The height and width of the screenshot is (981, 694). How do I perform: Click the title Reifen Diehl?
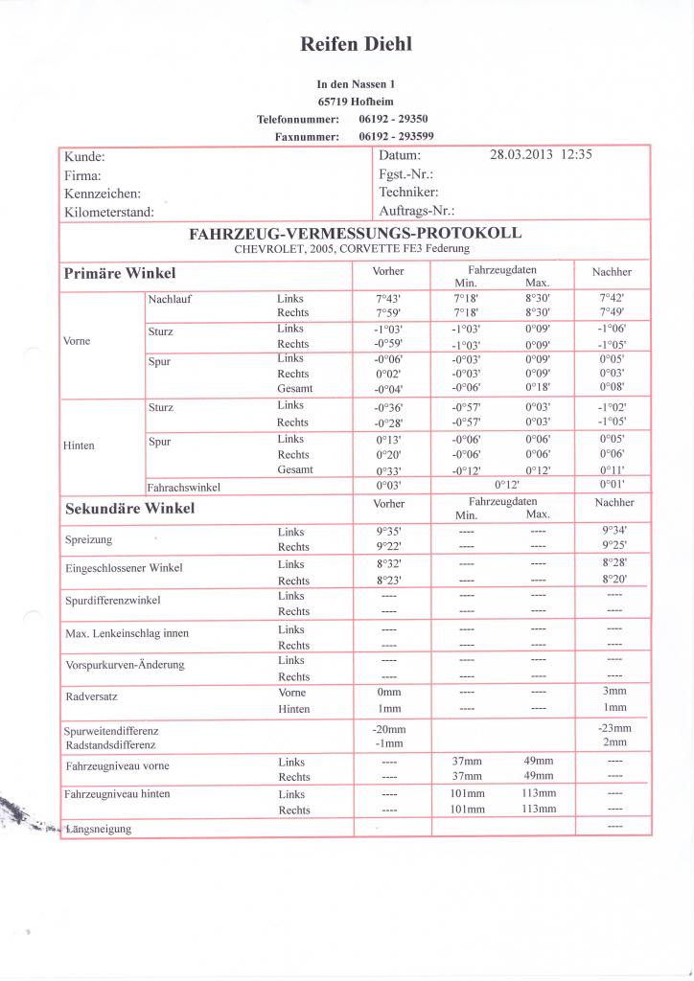coord(356,44)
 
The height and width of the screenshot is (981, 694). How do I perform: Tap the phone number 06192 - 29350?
coord(393,119)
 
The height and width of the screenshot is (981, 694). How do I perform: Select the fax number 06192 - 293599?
coord(396,137)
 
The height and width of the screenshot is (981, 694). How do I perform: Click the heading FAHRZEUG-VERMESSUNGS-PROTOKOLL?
coord(356,233)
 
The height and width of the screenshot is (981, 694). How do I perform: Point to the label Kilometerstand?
coord(108,212)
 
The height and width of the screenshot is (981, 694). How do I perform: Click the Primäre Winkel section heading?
coord(119,273)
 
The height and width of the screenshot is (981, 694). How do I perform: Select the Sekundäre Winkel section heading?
coord(128,508)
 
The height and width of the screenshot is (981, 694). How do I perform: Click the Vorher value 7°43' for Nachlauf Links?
coord(387,299)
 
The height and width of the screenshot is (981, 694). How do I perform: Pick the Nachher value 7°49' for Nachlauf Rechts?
coord(613,312)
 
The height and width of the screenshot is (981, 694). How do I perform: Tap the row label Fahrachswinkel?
coord(184,487)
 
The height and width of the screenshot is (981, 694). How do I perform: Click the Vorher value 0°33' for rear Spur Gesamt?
coord(387,470)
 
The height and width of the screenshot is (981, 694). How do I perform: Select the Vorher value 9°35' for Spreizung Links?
coord(387,531)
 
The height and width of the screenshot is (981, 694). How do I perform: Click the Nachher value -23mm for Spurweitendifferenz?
coord(613,728)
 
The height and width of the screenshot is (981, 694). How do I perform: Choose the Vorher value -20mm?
coord(387,729)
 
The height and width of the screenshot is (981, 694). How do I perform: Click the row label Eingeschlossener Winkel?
coord(123,568)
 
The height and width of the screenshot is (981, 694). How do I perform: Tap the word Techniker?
coord(408,193)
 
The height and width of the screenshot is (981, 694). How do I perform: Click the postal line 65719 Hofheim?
coord(356,102)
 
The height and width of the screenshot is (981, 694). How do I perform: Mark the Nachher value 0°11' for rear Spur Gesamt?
coord(613,470)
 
